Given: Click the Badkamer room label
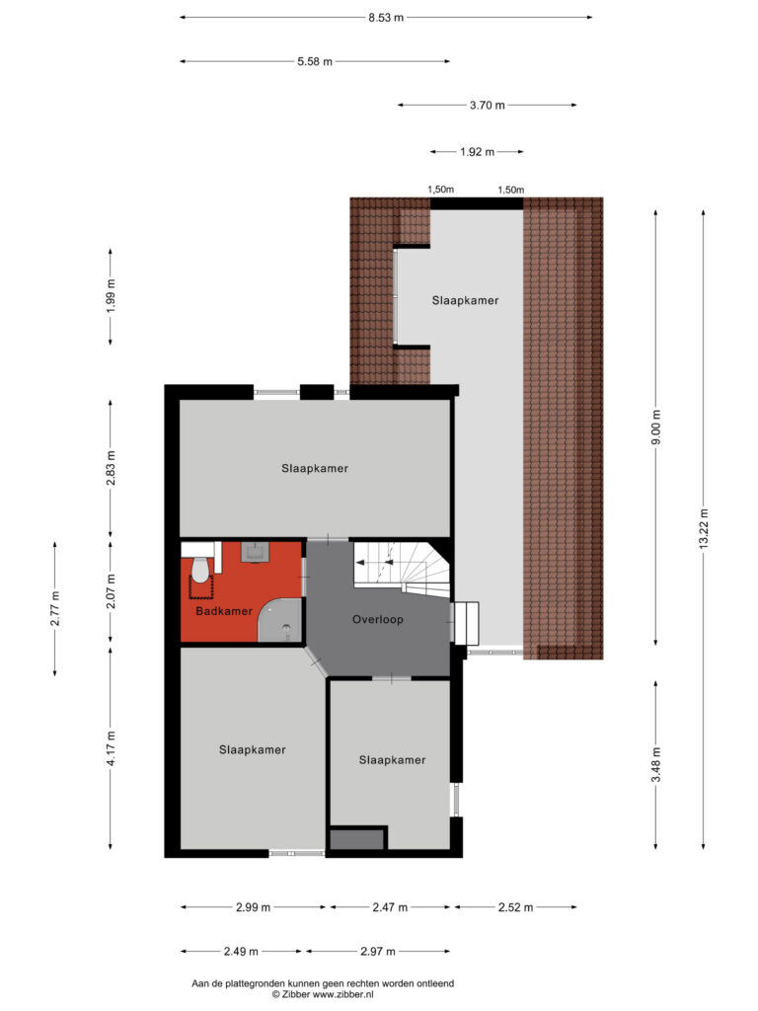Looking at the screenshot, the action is pos(224,610).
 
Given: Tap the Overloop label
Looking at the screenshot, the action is pos(378,620).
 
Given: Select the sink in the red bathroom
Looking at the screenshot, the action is pos(256,553).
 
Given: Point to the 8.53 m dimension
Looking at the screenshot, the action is pos(386,18).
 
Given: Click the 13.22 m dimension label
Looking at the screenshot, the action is pos(703,529).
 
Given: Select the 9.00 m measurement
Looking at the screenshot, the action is pos(656,428).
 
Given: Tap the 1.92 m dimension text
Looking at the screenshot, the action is pos(477,152).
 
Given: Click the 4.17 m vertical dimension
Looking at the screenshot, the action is pos(111,748).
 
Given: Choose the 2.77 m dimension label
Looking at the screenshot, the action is pos(55,608).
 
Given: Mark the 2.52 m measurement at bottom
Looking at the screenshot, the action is pos(515,907).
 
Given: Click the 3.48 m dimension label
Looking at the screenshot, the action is pos(656,765).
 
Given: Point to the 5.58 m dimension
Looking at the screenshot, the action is pos(315,62).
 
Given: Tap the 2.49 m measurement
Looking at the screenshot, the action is pos(241,951).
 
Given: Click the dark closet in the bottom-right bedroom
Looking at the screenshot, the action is pos(357,839).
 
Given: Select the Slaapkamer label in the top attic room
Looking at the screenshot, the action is pos(466,300).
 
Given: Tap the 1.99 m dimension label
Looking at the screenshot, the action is pos(111,296).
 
